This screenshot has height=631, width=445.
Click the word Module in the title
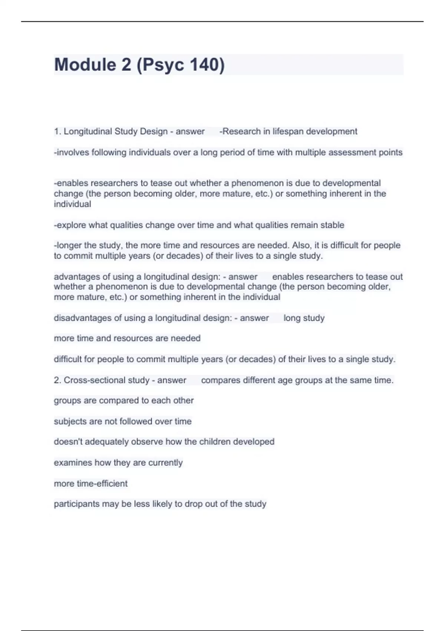(85, 65)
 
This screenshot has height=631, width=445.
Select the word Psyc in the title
(163, 65)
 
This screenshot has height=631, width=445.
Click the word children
(214, 442)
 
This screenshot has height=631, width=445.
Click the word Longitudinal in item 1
(88, 131)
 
